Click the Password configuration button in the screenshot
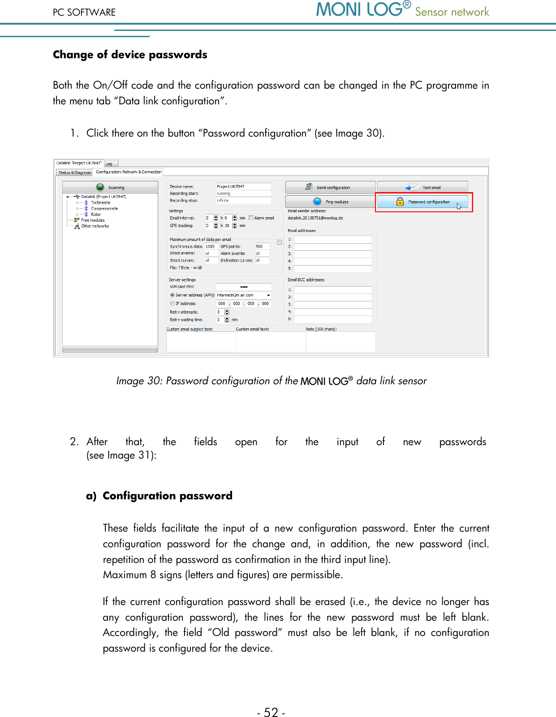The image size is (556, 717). coord(423,202)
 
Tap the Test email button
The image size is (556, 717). coord(423,188)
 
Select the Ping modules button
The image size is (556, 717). coord(330,202)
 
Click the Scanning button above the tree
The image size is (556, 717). coord(110,188)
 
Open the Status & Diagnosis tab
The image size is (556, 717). coord(74,172)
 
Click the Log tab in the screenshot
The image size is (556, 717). coord(109,164)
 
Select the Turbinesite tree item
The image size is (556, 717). coord(100,202)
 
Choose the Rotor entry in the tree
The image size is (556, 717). coord(96,215)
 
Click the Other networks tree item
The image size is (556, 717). coord(95,226)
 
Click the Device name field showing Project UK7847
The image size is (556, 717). coord(243,186)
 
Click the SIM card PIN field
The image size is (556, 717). coord(243,287)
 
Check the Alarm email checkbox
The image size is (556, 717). coord(251,218)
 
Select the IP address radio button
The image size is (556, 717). coord(172,304)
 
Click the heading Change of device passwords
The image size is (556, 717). coord(130,55)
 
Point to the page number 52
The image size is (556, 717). coord(271,712)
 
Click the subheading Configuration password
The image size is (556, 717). coord(167,496)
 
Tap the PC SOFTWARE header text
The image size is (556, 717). coord(84,13)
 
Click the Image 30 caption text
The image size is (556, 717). coord(271,381)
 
